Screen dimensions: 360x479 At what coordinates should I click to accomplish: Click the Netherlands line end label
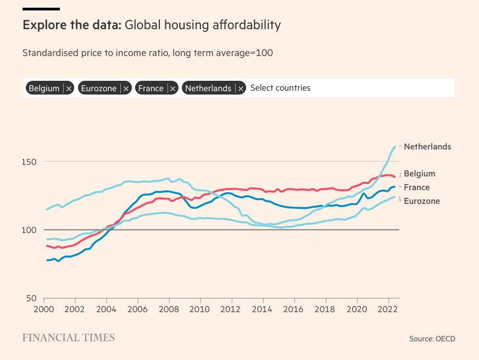427,147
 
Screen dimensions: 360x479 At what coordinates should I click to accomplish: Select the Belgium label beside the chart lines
419,174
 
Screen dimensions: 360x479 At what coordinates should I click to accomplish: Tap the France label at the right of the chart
416,187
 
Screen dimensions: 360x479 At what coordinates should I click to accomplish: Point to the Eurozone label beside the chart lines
422,201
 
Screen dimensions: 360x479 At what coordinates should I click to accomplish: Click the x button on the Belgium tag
69,88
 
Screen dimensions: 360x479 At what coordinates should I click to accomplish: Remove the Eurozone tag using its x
126,88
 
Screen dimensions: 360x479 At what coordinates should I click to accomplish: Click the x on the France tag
172,88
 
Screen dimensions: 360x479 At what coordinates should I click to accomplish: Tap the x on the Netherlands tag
241,88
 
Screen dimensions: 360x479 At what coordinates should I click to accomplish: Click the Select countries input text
280,88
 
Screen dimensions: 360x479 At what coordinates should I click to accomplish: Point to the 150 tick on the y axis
30,162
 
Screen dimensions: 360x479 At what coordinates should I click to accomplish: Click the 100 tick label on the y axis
30,230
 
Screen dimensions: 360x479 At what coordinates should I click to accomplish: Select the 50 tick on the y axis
32,298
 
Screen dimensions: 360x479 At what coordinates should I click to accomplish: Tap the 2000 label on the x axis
44,309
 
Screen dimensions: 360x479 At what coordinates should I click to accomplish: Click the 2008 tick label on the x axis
169,309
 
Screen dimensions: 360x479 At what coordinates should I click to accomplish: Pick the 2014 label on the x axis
263,309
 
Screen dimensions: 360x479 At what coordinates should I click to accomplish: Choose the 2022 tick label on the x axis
388,309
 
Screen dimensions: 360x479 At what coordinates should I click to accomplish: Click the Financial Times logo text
69,337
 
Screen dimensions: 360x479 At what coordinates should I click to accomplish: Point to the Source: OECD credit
432,339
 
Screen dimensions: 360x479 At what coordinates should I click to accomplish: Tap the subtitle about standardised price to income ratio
147,53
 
